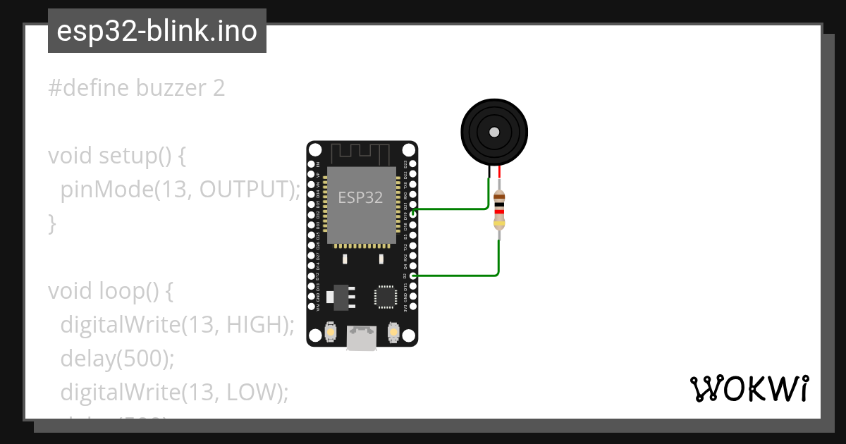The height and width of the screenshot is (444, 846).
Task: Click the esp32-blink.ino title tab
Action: (157, 31)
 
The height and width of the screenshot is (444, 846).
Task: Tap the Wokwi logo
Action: (749, 388)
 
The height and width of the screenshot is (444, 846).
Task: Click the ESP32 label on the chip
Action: (360, 197)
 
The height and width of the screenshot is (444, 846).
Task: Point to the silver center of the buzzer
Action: (494, 132)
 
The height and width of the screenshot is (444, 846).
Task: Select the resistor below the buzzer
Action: (499, 210)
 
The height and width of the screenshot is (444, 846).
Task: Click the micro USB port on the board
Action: (362, 338)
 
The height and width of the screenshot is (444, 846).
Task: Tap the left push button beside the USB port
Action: (330, 331)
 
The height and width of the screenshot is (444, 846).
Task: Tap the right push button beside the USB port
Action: (393, 331)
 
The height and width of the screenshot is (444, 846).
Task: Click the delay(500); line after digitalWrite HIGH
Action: (117, 358)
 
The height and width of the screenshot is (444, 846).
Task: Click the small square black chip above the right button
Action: (386, 296)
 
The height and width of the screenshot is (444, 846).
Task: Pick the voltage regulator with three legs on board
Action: (342, 296)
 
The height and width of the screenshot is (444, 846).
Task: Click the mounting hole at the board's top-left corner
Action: (315, 150)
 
